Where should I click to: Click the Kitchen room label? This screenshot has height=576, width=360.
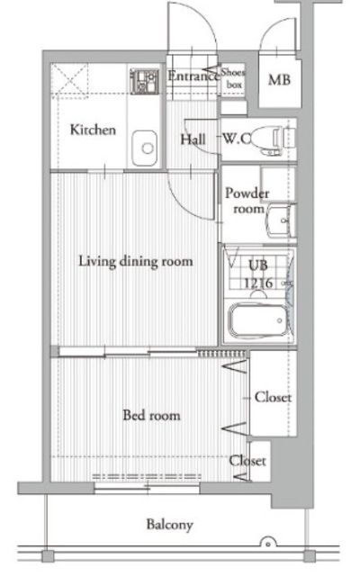coord(93,130)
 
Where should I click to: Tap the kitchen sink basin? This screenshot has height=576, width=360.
coord(144,148)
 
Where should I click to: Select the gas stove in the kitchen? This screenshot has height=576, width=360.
coord(144,81)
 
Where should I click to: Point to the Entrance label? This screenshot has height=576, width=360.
coord(193,76)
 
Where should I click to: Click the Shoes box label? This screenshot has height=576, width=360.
coord(233,78)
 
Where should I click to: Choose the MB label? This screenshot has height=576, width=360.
coord(279,80)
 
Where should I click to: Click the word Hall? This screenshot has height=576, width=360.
coord(193,139)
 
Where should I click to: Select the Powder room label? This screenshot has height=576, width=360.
coord(247,201)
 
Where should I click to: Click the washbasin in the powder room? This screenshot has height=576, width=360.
coord(282,220)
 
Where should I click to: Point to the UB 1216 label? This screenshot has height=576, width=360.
coord(258,274)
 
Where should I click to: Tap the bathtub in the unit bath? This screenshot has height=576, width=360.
coord(258,320)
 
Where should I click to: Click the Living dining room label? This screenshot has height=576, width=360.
coord(136,262)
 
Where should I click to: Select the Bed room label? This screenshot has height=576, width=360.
coord(151,415)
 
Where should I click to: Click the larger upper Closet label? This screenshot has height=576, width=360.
coord(274,397)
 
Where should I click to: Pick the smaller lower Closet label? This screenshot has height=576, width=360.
coord(247,461)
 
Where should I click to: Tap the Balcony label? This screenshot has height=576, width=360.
coord(169,525)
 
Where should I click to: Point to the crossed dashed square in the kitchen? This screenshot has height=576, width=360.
coord(69,80)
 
